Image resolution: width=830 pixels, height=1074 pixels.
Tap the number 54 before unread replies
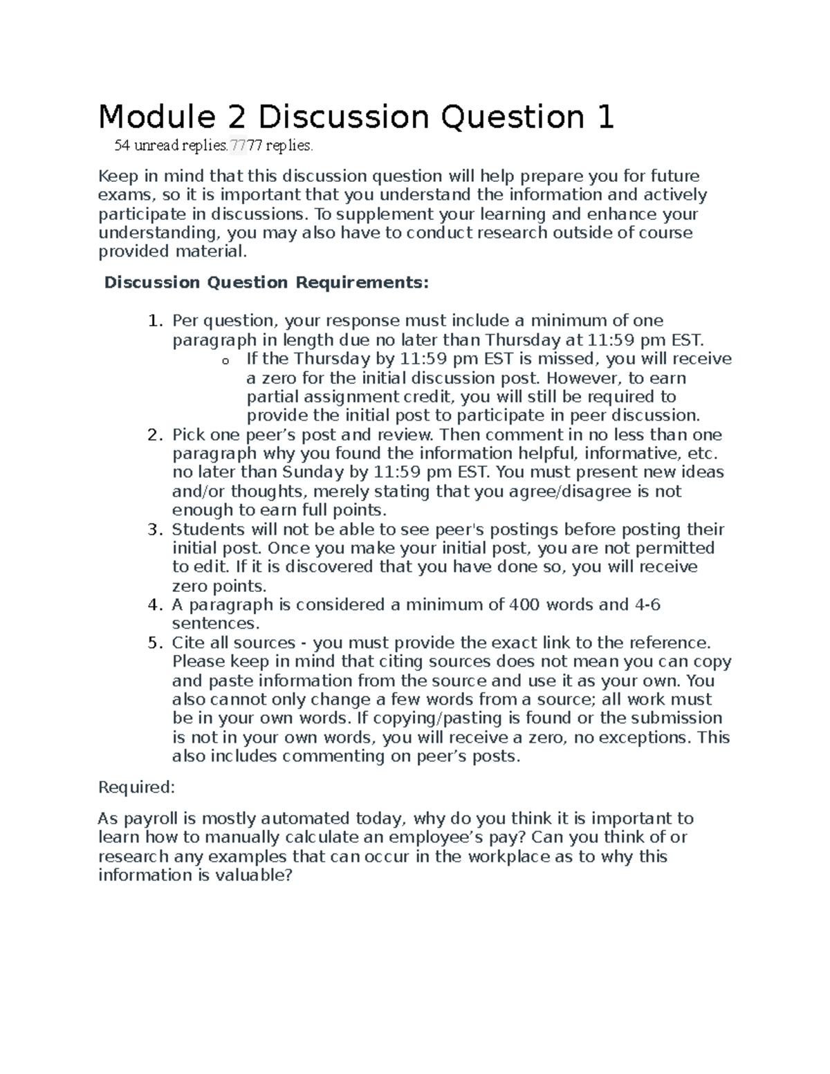click(x=122, y=146)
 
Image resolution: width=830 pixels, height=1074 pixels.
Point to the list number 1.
click(x=155, y=321)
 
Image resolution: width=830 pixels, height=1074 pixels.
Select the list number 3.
click(x=155, y=530)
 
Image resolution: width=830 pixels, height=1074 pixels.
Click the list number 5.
click(x=155, y=643)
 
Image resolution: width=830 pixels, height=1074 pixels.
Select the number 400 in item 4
click(x=525, y=605)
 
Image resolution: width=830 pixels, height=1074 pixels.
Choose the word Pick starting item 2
click(x=188, y=435)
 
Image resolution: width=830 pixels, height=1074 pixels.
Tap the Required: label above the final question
click(x=137, y=788)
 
